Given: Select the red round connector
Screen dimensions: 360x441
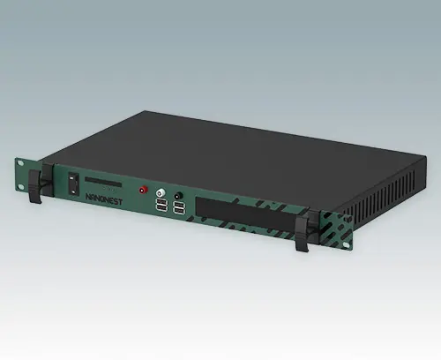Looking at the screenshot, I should tap(143, 189).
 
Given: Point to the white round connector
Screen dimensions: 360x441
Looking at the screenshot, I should tap(161, 191).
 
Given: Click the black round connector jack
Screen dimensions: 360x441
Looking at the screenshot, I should tap(179, 196).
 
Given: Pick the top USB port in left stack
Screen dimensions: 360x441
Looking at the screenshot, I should tap(162, 203).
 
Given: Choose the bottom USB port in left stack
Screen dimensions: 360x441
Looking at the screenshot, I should tap(162, 210).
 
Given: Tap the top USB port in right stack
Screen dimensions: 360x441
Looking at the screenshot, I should tap(179, 206).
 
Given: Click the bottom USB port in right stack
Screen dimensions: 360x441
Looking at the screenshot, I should tap(179, 214).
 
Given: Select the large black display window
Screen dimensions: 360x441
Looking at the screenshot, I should tap(238, 213).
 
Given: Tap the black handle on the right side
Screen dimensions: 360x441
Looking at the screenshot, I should tap(303, 231).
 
